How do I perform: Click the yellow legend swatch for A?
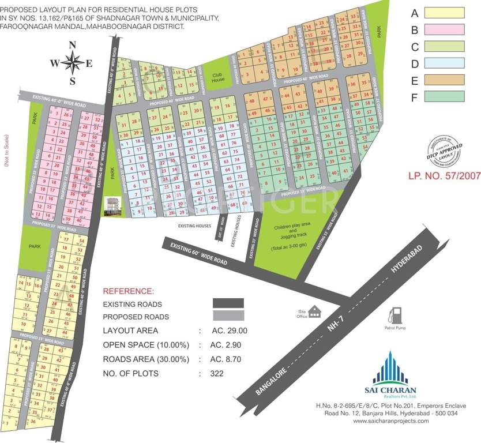point(445,13)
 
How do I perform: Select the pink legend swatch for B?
point(445,29)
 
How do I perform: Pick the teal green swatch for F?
point(445,96)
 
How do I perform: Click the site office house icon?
point(314,311)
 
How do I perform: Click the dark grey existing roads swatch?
point(228,303)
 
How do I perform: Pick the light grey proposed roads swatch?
point(228,316)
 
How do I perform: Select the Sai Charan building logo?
point(390,367)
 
